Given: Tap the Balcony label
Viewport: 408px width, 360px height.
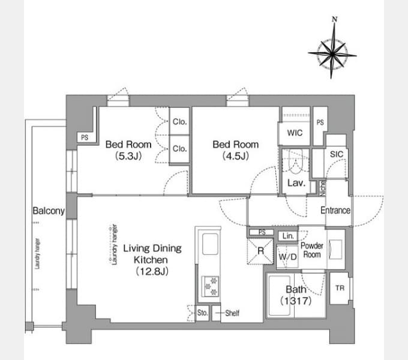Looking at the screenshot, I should [x=49, y=211].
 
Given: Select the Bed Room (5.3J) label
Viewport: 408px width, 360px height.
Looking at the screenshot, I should [x=128, y=150].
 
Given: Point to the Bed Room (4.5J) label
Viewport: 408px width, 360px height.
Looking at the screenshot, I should [x=236, y=150].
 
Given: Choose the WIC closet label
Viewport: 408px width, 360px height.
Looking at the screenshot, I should [x=295, y=133].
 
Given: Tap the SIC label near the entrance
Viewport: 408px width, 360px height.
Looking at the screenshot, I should [x=336, y=154].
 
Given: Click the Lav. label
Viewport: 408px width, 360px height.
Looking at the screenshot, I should [x=295, y=184].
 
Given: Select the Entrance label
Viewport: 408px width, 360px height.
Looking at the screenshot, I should [x=335, y=210].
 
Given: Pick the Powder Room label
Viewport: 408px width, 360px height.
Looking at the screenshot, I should [x=311, y=250].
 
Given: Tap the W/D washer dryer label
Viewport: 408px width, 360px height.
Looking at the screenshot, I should [x=287, y=257].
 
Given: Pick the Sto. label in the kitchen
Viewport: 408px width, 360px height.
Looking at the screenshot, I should [x=202, y=313].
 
